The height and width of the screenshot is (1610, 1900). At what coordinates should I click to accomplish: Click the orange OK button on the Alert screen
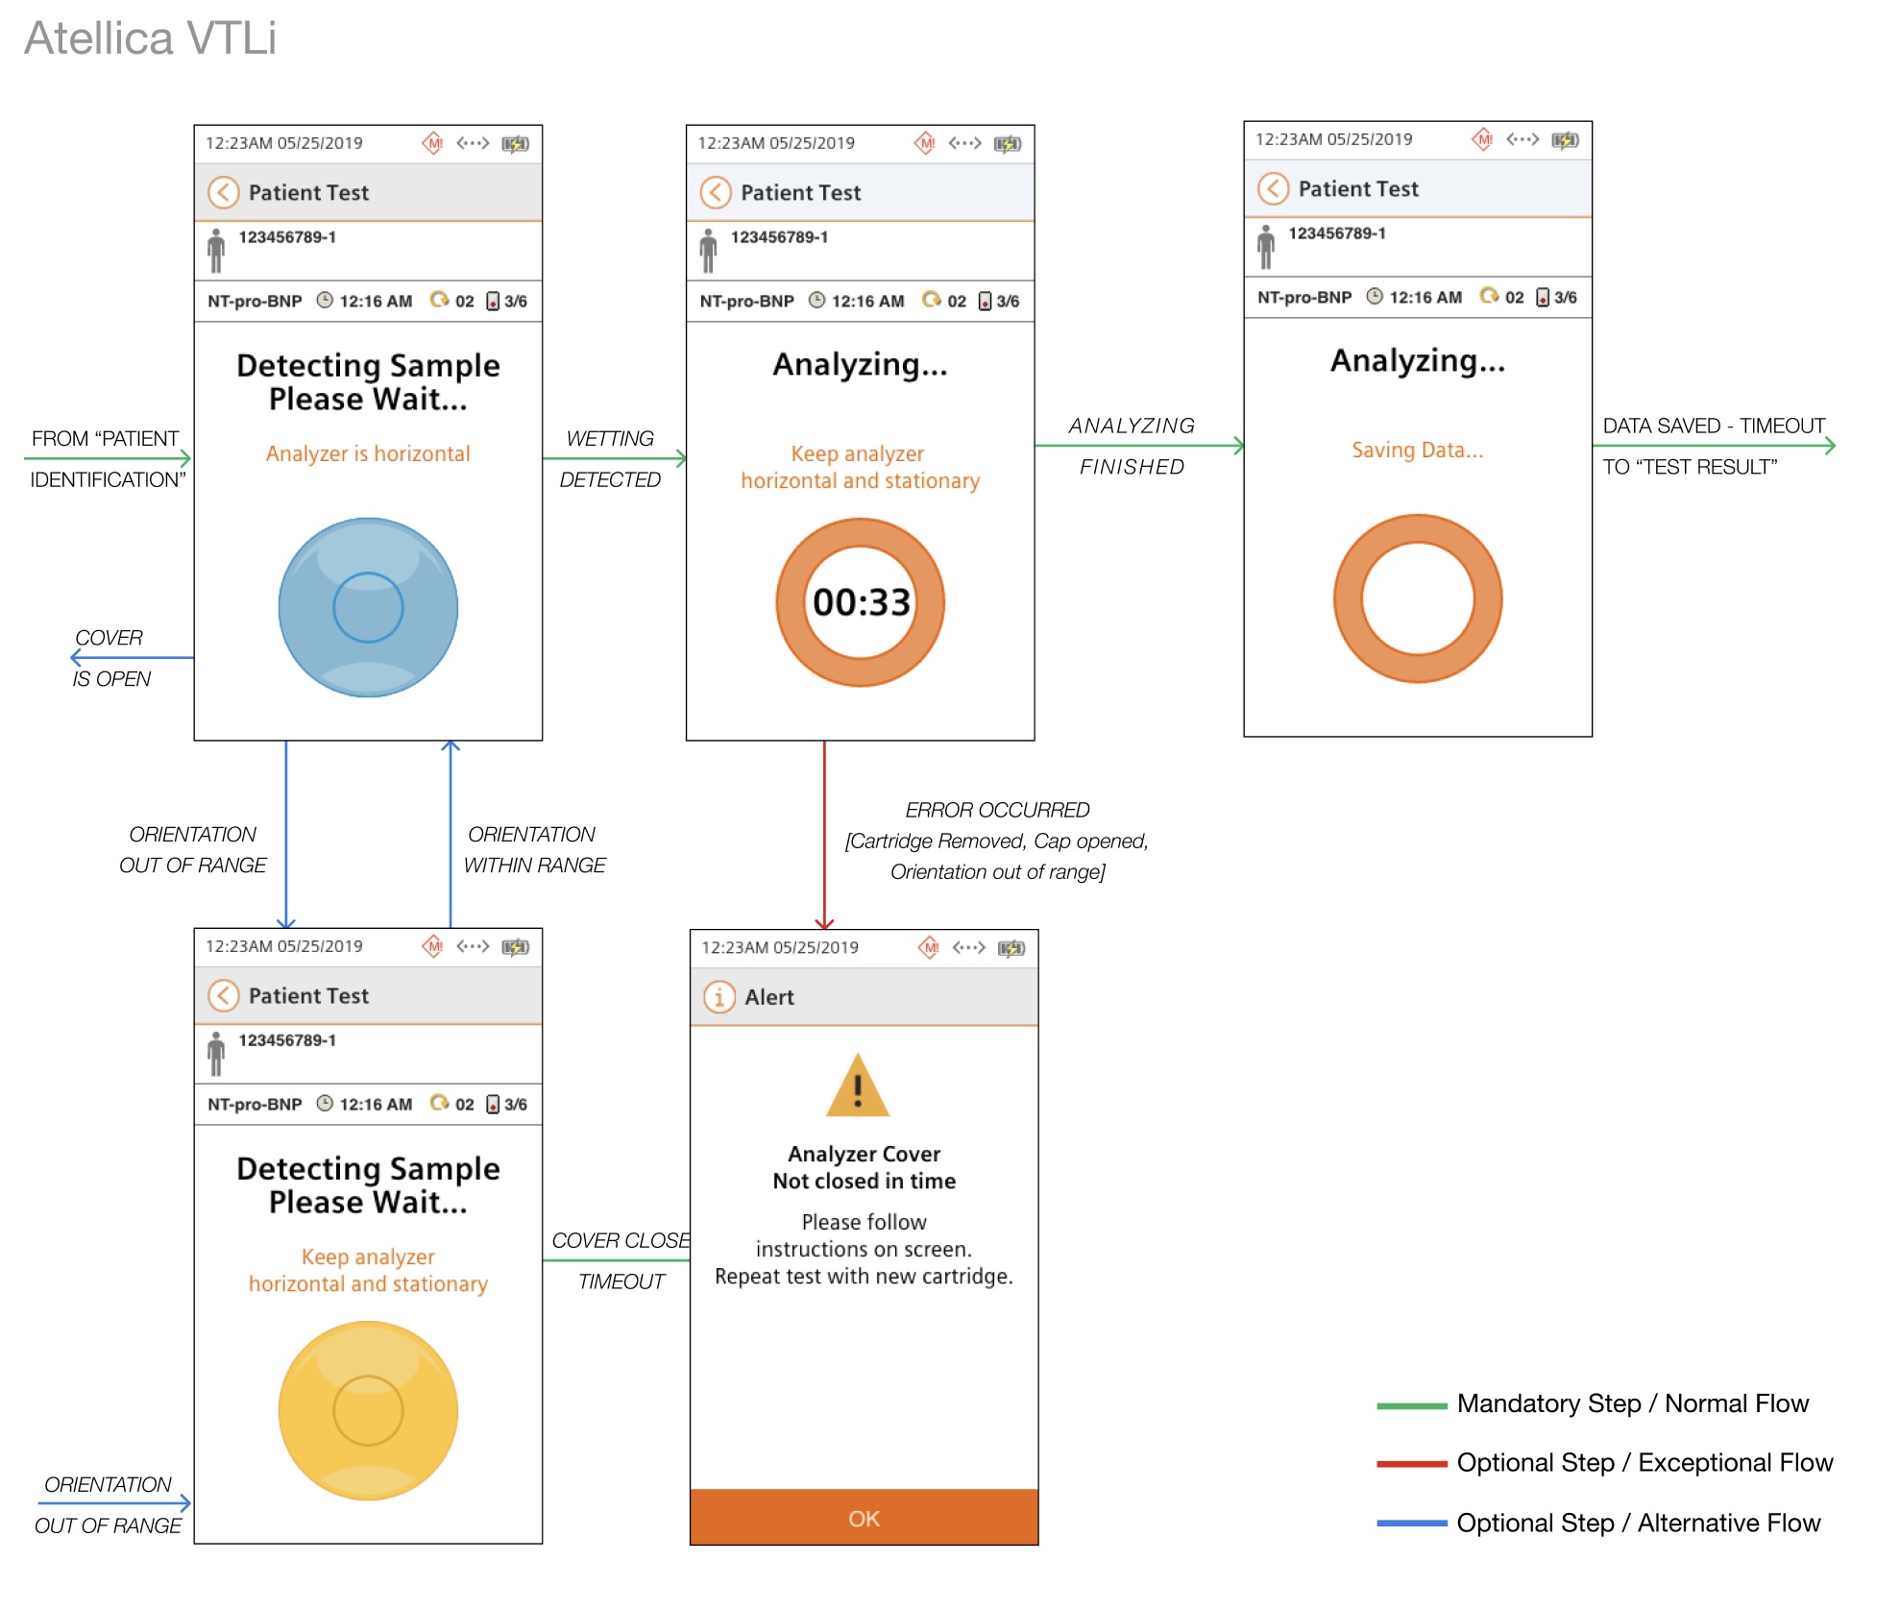click(864, 1517)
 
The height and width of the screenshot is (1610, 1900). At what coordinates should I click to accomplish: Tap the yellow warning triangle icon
click(858, 1086)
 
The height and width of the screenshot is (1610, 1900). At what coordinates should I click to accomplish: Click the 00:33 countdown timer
click(861, 602)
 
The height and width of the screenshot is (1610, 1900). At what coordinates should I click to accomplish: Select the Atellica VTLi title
click(150, 38)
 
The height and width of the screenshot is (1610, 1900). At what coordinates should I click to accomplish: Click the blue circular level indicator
click(368, 607)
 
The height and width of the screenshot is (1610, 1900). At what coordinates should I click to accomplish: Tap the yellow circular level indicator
click(368, 1410)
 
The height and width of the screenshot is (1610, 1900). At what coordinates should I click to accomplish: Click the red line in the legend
click(1411, 1464)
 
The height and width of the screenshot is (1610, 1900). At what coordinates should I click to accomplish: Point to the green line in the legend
click(1411, 1405)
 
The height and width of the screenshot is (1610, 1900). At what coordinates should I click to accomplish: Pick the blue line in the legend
click(1411, 1524)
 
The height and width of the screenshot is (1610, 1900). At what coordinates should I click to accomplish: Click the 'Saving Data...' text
click(1418, 450)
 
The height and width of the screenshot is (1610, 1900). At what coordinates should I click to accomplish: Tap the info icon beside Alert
click(719, 997)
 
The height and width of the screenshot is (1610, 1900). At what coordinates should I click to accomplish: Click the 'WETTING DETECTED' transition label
click(610, 459)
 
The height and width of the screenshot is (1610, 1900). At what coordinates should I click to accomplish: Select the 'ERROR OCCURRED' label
click(997, 810)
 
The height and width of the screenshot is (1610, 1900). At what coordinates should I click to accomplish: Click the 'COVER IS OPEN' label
click(110, 658)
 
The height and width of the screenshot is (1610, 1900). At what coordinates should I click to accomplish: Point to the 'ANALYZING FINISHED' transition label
click(1132, 446)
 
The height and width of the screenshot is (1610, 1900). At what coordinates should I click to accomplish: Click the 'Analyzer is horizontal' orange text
click(368, 453)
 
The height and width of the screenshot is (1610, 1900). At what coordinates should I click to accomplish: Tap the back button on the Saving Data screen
click(1273, 188)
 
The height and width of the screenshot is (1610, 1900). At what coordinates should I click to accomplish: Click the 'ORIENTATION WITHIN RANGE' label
click(534, 849)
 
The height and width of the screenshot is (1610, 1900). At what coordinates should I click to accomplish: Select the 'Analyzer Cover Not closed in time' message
click(865, 1167)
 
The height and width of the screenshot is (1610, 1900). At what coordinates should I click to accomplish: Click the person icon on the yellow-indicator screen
click(216, 1054)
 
